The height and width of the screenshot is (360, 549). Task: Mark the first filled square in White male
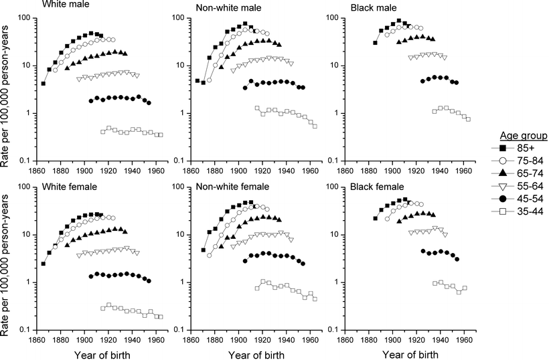pos(44,84)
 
